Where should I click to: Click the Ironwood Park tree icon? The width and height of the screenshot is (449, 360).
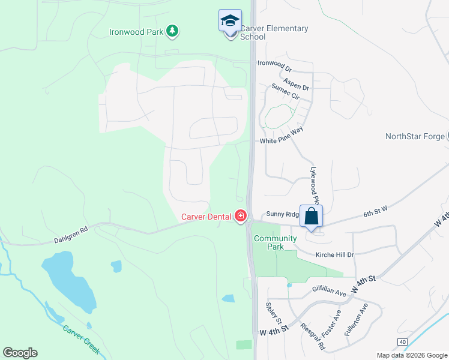point(173,31)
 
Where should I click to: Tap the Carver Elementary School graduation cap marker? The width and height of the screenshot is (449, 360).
point(230,22)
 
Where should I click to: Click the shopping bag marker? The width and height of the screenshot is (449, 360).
point(311,217)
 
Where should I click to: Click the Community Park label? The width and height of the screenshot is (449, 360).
point(275,242)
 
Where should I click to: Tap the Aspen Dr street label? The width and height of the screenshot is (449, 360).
point(297,88)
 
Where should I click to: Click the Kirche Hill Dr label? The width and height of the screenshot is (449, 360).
point(334,254)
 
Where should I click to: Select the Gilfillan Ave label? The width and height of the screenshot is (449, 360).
point(329,292)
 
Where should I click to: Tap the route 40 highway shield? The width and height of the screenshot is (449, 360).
point(402,341)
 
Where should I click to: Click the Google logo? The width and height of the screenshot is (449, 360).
point(20,353)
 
